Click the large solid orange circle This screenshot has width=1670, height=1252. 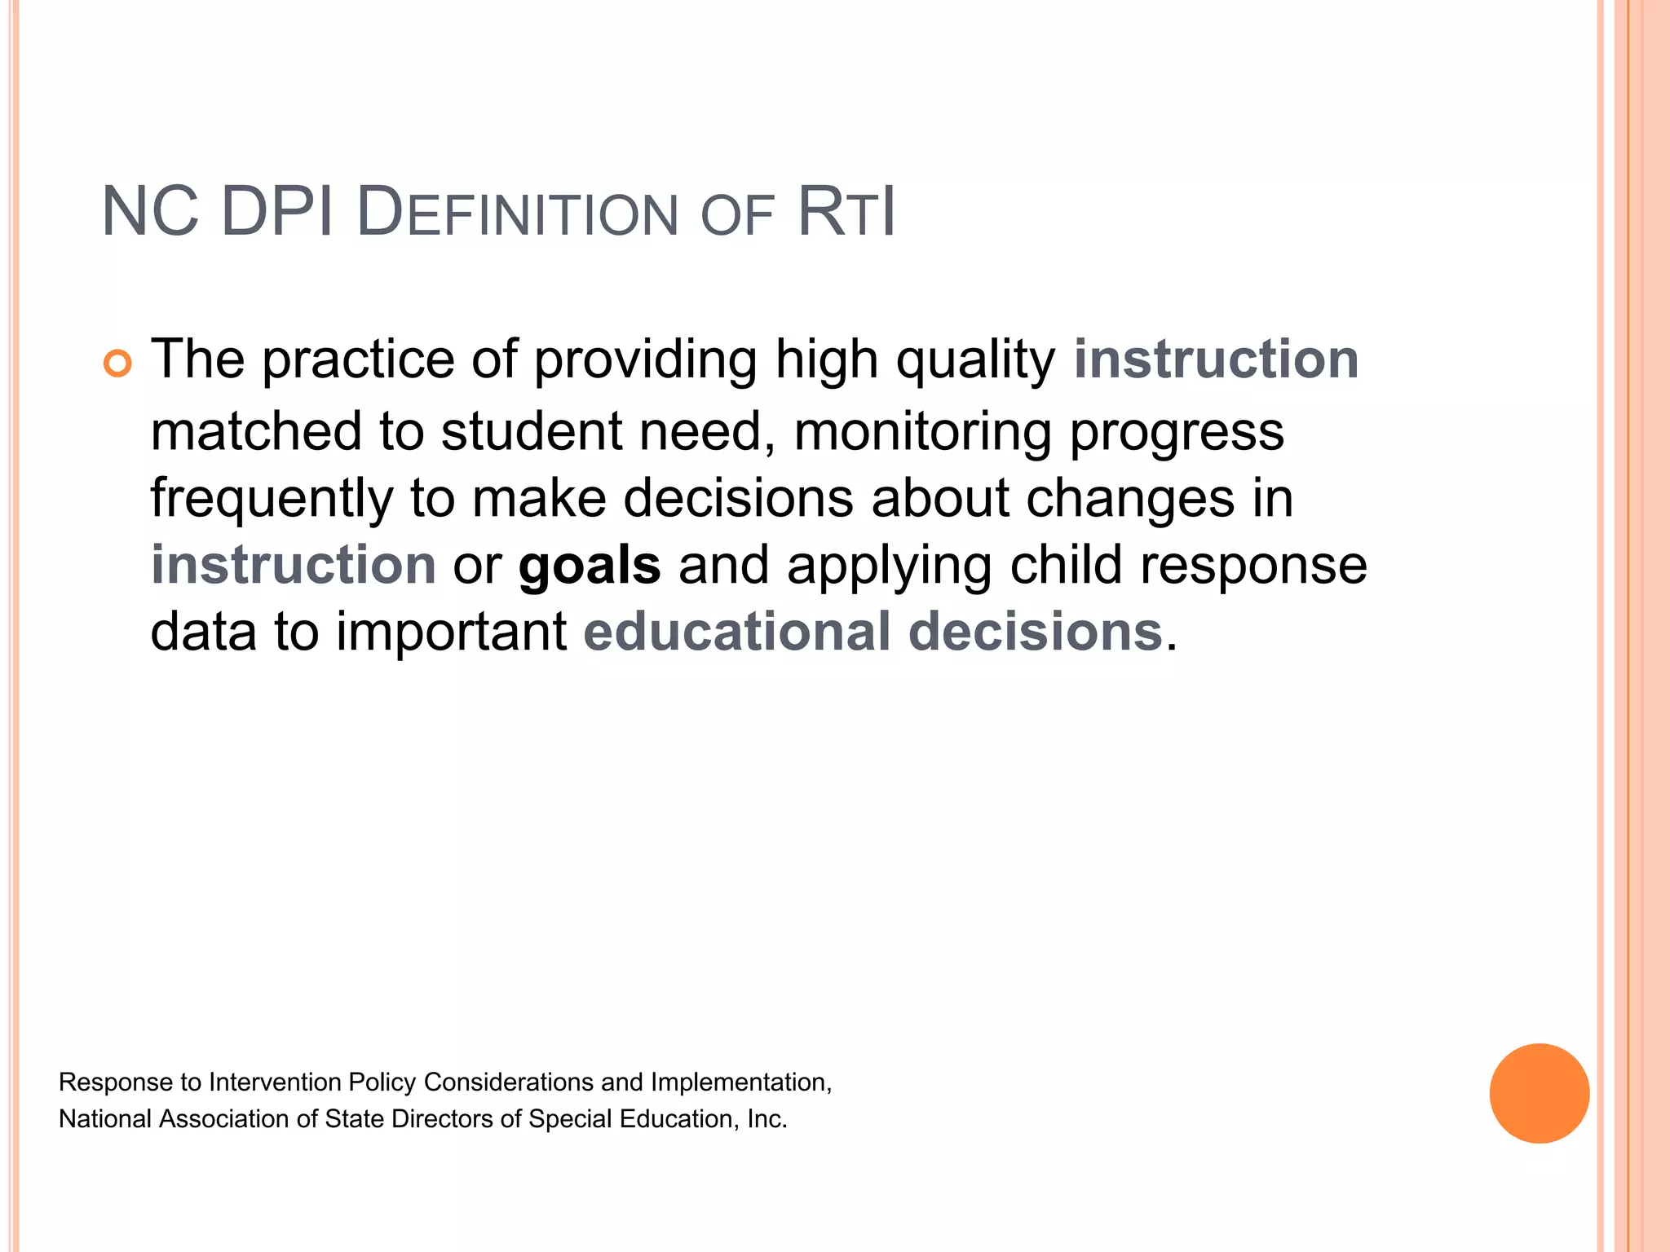point(1539,1093)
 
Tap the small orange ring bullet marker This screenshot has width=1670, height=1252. point(117,364)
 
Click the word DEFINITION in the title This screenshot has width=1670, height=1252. point(517,214)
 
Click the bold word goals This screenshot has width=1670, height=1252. point(590,565)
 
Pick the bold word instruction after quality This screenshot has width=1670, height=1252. point(1215,359)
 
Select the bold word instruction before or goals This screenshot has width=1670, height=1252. point(294,565)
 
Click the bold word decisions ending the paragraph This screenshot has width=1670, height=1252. point(1035,632)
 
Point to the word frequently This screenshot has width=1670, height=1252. point(272,500)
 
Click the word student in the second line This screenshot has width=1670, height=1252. point(531,431)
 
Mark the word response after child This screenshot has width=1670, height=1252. point(1252,565)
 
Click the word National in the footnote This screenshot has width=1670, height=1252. point(105,1119)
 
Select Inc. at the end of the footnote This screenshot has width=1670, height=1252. point(767,1119)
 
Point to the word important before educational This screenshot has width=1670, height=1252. point(451,632)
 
